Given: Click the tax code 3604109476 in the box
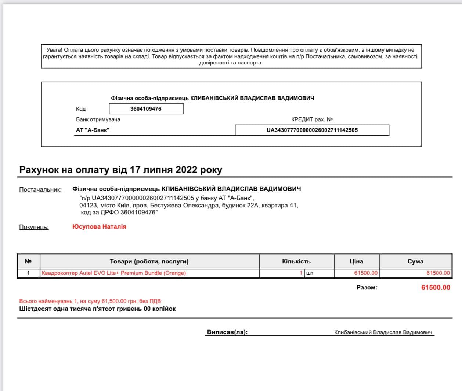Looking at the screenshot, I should (146, 109).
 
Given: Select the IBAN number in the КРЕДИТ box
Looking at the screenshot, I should (312, 130).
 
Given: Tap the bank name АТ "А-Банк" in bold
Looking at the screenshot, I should (93, 130).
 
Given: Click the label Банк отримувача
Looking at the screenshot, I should (98, 119).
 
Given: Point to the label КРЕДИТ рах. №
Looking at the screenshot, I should (312, 119).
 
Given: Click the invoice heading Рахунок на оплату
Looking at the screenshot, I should (120, 170).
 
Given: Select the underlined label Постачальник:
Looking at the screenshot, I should (40, 189).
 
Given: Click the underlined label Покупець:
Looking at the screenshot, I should (34, 227).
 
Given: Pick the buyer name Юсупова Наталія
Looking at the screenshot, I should (99, 226).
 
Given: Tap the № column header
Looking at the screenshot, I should (28, 261).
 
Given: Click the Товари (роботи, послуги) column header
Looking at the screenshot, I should (149, 261).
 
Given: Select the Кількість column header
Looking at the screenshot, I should (296, 261).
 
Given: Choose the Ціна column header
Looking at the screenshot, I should (356, 261).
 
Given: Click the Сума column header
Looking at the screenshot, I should (415, 261).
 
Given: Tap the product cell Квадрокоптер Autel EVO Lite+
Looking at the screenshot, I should (114, 273).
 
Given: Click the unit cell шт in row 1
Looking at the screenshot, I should (310, 273).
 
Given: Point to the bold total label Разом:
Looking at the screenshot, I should (367, 288).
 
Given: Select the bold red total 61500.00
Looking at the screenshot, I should (436, 288).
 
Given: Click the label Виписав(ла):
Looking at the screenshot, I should (227, 332).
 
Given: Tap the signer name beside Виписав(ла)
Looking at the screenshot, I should (383, 332).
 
